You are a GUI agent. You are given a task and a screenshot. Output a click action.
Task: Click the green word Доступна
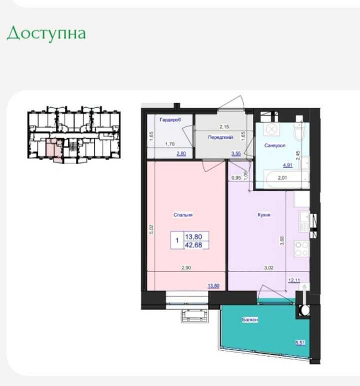coord(46,33)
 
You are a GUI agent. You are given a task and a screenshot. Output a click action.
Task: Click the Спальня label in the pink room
coord(183,215)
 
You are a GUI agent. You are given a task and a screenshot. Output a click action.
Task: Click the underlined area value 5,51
coord(300,342)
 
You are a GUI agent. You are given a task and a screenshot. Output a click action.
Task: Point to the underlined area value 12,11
coord(294,281)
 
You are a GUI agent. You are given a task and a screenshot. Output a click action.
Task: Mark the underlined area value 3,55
coord(236,153)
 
